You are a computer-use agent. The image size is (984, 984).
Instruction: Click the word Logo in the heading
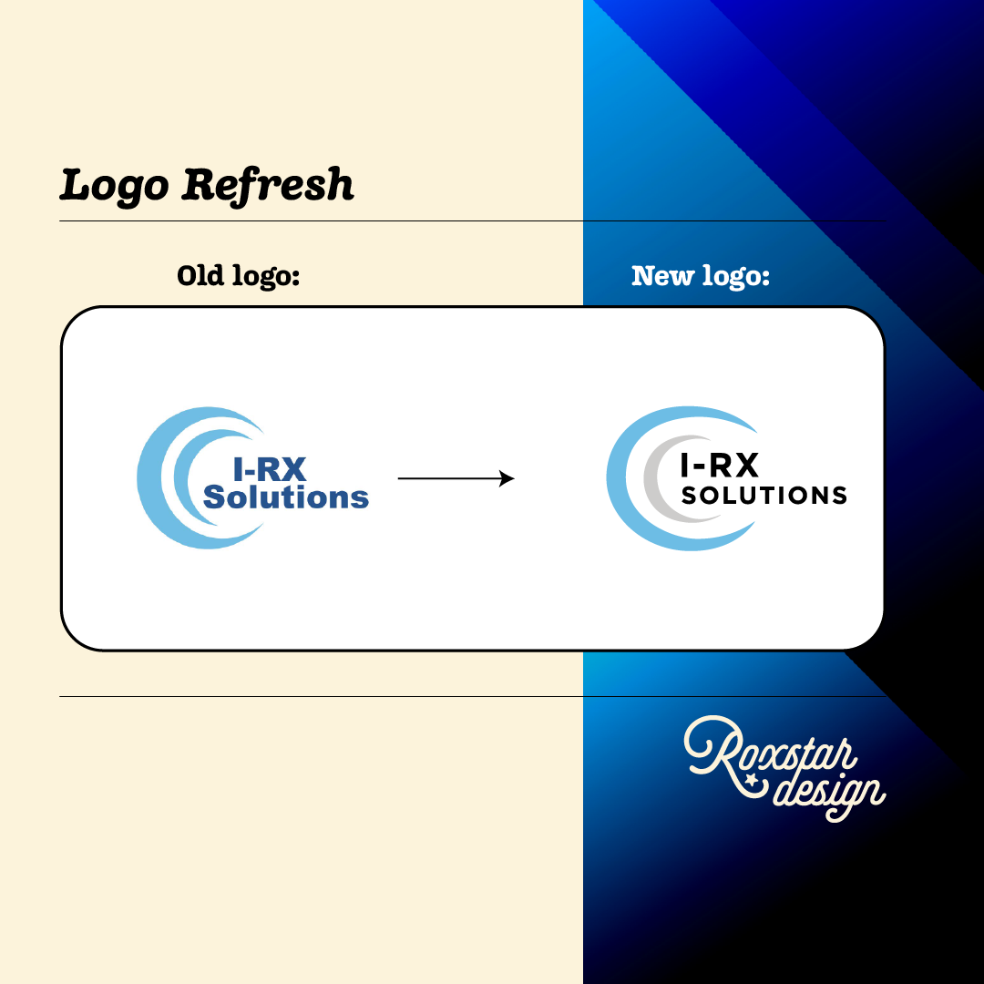point(114,186)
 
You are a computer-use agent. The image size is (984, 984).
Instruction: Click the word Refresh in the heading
point(267,185)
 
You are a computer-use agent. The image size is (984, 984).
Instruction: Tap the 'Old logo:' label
point(239,275)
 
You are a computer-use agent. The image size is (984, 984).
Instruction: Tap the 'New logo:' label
point(701,275)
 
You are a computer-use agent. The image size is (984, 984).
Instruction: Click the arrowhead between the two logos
point(507,478)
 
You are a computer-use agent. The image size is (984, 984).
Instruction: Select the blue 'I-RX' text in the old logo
point(269,469)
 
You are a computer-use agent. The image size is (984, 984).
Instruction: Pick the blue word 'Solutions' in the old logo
point(285,497)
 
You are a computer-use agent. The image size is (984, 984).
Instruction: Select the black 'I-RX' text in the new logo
point(720,466)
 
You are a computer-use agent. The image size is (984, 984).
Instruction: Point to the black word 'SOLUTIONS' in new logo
point(764,496)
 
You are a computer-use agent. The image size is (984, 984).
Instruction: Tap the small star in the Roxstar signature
point(751,780)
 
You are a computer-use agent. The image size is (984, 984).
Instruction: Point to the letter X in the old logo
point(292,469)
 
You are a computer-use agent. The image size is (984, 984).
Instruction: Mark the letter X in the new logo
point(744,466)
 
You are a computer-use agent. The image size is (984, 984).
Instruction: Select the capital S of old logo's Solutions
point(214,497)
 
